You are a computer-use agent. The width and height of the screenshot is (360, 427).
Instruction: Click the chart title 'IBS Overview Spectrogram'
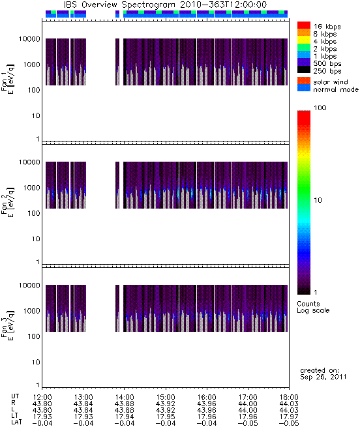119,5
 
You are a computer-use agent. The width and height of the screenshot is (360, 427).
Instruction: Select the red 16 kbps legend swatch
304,25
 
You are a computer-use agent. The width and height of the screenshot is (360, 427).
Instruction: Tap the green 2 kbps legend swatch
304,48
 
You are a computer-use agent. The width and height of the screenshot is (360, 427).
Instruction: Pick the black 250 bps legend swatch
304,70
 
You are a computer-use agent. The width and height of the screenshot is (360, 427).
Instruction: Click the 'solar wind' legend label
330,82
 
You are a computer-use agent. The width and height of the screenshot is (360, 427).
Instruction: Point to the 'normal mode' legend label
336,89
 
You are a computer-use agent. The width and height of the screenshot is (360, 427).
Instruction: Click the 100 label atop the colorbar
320,108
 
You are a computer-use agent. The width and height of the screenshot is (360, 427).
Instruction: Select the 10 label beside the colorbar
318,200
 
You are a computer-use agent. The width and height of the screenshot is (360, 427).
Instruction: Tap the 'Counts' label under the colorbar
308,304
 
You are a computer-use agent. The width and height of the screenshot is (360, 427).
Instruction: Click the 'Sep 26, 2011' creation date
323,377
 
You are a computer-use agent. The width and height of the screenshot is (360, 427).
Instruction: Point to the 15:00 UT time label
166,397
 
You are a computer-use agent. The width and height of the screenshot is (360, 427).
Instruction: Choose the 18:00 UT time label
289,397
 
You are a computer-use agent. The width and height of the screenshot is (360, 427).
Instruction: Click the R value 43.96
207,404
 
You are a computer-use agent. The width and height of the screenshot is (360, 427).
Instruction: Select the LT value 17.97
289,417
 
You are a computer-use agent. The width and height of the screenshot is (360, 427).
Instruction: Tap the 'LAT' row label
16,423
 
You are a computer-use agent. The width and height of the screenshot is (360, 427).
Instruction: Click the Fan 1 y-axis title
8,79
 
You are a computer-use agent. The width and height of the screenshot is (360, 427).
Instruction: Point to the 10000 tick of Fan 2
29,162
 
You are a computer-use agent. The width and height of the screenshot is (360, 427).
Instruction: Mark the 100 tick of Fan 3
34,336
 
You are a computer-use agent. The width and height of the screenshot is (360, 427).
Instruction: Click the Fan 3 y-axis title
8,325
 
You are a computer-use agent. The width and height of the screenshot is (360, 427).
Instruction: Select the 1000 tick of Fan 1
31,65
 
